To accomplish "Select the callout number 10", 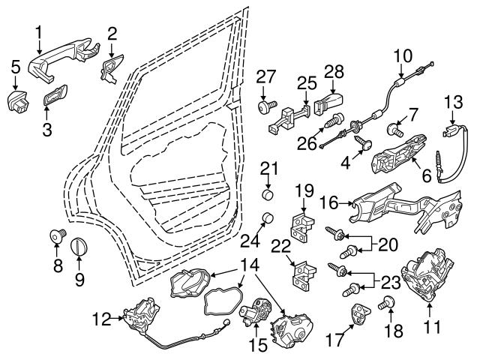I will coord(403,55).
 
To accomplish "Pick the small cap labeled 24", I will coord(265,219).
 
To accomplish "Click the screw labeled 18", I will coord(388,304).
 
